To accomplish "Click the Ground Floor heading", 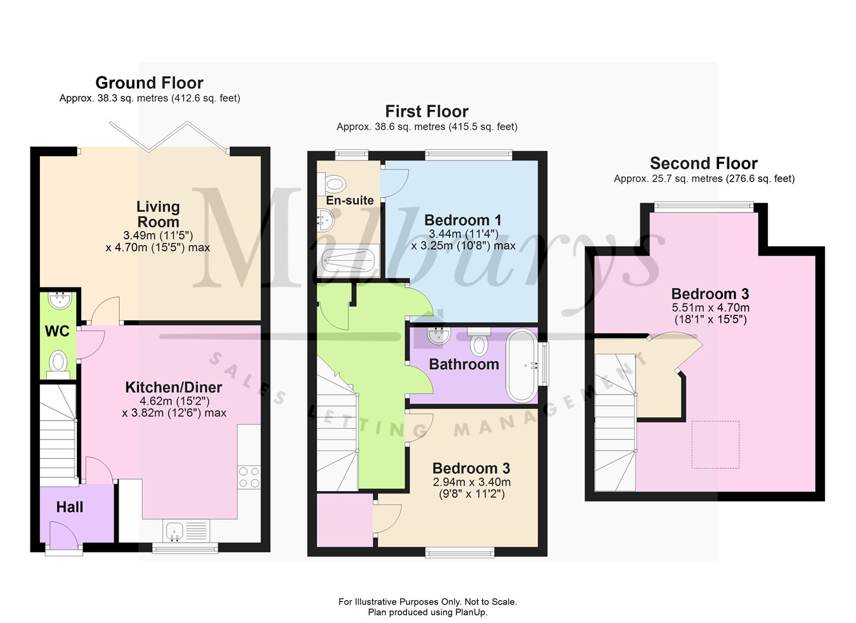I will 149,83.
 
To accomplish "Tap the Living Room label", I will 158,214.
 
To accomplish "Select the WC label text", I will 57,331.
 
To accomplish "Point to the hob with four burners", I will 249,477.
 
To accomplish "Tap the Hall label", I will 70,507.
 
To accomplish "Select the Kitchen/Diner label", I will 173,387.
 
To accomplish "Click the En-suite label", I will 349,200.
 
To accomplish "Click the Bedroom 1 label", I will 463,220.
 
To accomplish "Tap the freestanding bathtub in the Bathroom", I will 522,365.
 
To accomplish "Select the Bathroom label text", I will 464,364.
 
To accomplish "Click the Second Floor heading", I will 704,163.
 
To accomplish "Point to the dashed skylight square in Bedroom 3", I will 715,445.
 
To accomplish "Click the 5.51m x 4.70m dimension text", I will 710,308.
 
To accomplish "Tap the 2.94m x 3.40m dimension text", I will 471,482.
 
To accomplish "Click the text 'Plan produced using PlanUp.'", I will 427,612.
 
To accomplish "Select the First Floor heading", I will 427,112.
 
